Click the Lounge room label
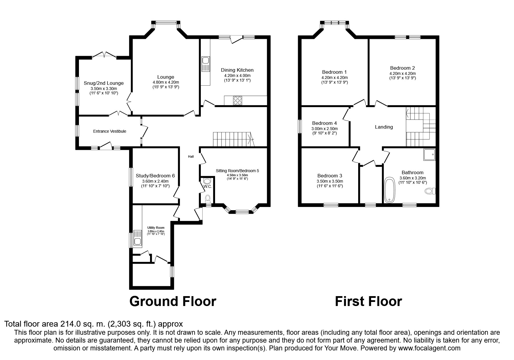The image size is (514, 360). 166,77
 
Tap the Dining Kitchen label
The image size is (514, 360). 237,70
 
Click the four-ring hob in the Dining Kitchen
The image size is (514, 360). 237,100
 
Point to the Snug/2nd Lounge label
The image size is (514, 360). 104,83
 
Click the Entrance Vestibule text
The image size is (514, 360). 110,131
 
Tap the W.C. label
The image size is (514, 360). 208,186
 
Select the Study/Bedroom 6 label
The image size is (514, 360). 155,176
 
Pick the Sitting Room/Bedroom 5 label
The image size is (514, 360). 237,171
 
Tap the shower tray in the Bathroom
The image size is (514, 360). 429,155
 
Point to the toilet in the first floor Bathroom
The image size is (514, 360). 430,191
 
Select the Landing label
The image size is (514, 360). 384,127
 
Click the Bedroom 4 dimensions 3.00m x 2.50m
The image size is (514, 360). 324,129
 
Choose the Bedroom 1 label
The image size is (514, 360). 334,72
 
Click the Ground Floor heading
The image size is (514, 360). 173,301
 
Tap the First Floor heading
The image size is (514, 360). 368,301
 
